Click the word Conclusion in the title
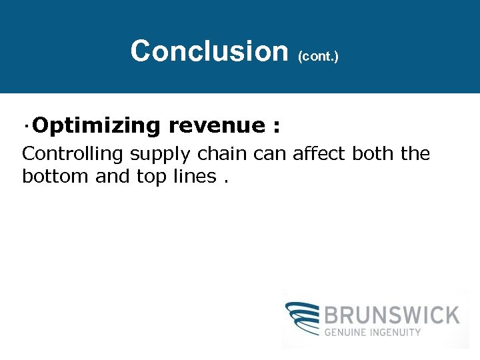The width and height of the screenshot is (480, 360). [208, 51]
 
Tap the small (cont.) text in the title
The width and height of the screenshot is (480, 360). [319, 56]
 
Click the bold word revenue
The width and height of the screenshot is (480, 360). [217, 125]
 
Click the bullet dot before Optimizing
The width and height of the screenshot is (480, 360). [25, 125]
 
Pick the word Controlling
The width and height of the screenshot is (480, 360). [73, 154]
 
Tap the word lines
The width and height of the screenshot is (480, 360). [192, 177]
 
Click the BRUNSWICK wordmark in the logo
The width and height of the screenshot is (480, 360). [391, 315]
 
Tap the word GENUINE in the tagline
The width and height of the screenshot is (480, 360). [349, 332]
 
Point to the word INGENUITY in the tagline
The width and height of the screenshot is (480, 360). [398, 332]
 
